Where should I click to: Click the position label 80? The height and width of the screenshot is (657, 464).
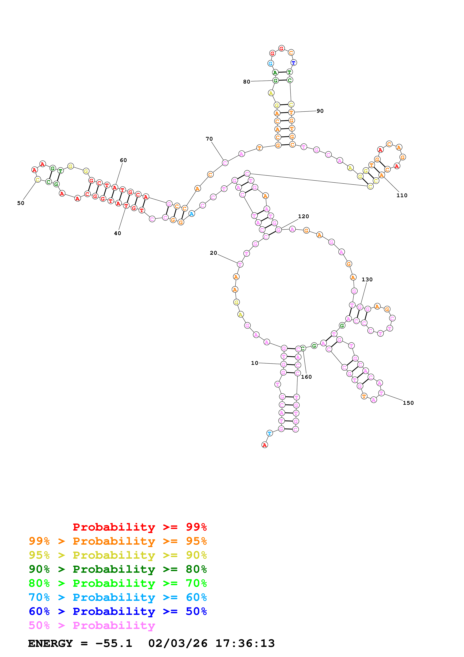pos(247,82)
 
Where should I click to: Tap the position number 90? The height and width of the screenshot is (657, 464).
pos(320,111)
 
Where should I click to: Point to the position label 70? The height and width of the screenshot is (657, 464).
pos(209,139)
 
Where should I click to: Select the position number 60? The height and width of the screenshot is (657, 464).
pos(123,160)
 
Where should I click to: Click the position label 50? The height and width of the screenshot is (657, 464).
pos(21,203)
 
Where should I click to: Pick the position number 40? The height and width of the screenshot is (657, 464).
pos(118,233)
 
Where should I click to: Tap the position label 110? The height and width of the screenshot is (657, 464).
pos(402,196)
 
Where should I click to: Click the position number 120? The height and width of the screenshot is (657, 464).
pos(303,216)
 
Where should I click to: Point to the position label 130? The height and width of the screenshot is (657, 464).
pos(367,280)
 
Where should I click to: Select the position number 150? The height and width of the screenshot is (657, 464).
pos(408,403)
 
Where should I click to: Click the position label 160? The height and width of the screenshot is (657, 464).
pos(306,377)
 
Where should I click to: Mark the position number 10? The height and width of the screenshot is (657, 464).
pos(254,363)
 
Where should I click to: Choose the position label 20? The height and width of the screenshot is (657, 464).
pos(213,253)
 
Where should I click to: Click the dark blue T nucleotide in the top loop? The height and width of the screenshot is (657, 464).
pos(293,63)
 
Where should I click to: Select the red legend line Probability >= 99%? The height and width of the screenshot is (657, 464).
pos(139,527)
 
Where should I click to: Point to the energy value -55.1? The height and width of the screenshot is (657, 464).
pos(114,643)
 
